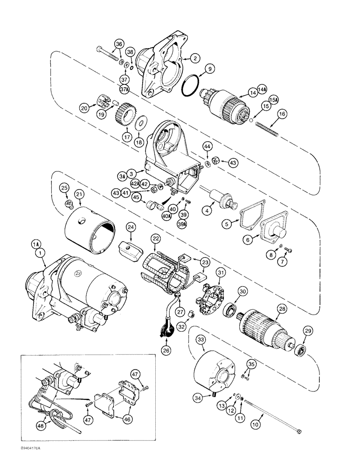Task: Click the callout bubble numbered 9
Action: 210,69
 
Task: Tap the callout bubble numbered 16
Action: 281,113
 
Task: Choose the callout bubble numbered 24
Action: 131,227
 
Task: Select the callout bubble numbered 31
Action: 221,273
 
